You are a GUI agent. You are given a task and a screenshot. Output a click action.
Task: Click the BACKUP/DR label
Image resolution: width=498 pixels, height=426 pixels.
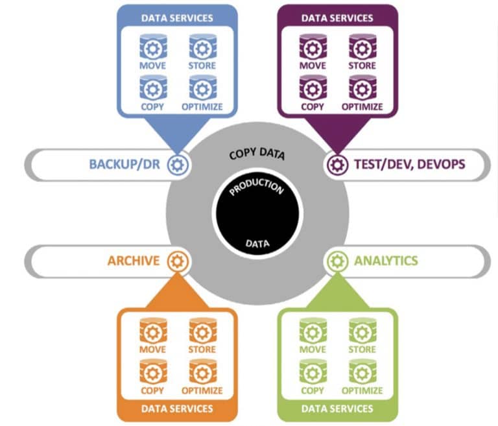click(124, 164)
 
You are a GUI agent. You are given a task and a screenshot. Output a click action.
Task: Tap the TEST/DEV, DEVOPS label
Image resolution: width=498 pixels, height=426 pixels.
click(410, 164)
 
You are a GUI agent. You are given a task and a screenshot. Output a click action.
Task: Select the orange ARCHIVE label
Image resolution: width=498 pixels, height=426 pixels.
click(134, 261)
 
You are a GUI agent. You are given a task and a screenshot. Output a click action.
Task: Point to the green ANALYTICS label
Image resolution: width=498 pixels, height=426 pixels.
click(386, 261)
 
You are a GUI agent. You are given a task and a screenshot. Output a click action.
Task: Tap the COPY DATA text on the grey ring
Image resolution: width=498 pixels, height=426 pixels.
click(257, 154)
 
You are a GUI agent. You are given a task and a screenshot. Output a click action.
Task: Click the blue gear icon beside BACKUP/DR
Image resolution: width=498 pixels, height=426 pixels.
click(178, 165)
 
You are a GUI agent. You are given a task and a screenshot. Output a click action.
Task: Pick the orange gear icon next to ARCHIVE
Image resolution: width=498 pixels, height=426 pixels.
click(178, 261)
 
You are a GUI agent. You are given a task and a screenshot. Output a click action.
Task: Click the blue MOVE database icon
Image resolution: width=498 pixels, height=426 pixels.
click(153, 47)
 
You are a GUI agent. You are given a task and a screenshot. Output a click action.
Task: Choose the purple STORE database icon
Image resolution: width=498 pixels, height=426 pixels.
click(362, 47)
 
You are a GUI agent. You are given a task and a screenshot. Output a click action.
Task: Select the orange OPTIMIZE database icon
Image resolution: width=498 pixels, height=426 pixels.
click(202, 372)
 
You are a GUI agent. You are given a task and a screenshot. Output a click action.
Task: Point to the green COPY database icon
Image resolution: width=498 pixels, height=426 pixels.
click(313, 372)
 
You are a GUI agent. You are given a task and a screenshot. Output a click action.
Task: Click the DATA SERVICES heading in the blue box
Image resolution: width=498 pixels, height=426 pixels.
click(177, 18)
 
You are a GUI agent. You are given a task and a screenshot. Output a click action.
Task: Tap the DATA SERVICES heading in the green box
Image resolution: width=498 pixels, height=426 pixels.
click(337, 408)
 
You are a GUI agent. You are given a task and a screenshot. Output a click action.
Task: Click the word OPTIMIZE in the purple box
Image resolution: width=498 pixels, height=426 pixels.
click(362, 107)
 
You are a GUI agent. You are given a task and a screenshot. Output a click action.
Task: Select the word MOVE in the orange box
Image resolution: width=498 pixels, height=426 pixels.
click(153, 349)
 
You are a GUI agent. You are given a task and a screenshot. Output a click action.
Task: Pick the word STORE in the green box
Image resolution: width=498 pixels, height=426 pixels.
click(362, 349)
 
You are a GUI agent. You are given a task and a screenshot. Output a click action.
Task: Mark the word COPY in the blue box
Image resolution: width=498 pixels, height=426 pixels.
click(152, 107)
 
